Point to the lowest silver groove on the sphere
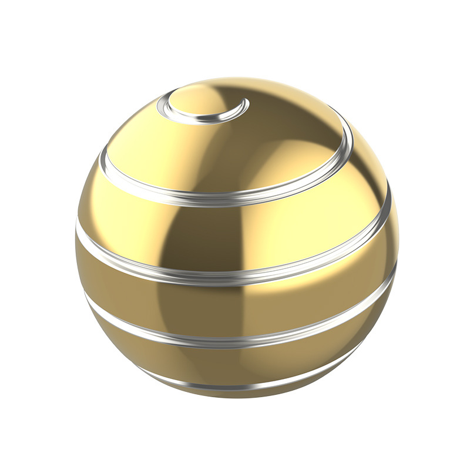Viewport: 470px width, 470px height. (235, 388)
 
